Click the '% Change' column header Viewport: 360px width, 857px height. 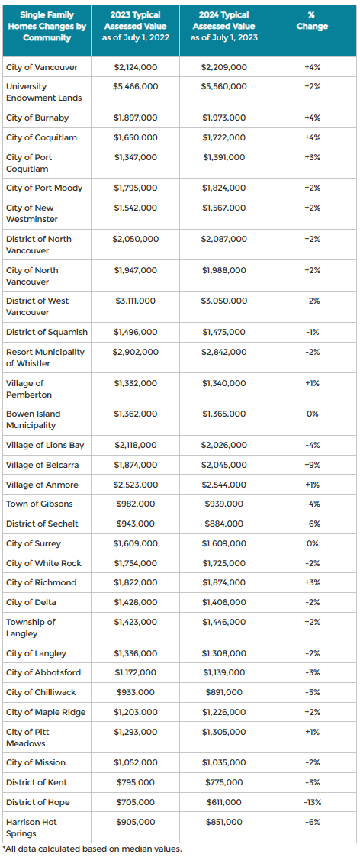click(312, 21)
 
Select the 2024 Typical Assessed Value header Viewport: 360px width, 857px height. click(224, 26)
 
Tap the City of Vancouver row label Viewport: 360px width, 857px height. click(42, 67)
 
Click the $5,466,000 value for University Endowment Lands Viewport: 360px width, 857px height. click(136, 86)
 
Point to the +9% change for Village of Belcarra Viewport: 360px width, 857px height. click(313, 465)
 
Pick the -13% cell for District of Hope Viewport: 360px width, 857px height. click(313, 802)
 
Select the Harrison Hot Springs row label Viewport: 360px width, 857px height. click(32, 827)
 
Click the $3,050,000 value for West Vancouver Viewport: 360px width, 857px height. click(224, 301)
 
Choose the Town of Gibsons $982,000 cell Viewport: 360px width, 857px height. click(136, 504)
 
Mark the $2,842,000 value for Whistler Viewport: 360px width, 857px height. click(224, 352)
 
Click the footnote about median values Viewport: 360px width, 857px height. click(92, 849)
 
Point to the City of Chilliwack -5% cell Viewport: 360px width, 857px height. click(313, 692)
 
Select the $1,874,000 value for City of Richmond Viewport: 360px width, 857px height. click(224, 582)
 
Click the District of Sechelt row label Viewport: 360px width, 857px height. click(42, 524)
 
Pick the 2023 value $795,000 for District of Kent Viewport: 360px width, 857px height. click(136, 783)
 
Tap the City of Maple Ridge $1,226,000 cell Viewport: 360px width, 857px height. click(224, 712)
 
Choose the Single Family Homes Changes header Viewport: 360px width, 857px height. click(47, 26)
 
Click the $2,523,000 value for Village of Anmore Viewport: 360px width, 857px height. click(136, 485)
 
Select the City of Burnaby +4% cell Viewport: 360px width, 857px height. click(313, 118)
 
